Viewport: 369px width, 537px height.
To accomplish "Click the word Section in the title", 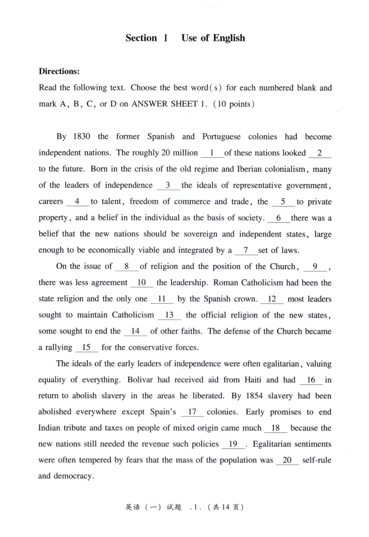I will coord(141,38).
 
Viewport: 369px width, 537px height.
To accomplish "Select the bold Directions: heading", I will coord(59,71).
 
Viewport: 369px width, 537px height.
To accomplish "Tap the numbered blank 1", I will coord(212,153).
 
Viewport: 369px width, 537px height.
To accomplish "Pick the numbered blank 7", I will coord(245,250).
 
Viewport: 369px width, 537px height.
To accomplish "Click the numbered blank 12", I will coord(272,299).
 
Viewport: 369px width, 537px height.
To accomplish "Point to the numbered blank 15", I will coord(86,348).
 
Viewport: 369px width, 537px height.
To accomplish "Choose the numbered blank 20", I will coord(287,460).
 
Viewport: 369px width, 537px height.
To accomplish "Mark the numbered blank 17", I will coord(192,412).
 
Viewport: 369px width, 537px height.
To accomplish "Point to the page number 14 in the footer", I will coord(226,507).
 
